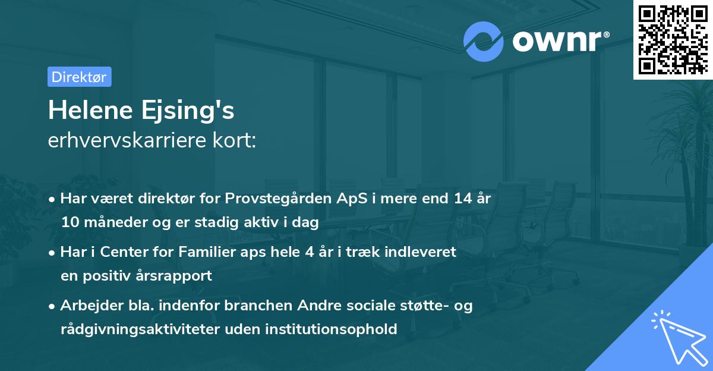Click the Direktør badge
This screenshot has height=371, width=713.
pyautogui.click(x=79, y=76)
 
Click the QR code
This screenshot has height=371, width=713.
pyautogui.click(x=672, y=39)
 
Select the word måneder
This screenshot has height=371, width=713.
pyautogui.click(x=111, y=223)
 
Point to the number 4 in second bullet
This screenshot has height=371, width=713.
pyautogui.click(x=309, y=251)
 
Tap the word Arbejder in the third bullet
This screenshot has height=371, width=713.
pyautogui.click(x=87, y=306)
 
